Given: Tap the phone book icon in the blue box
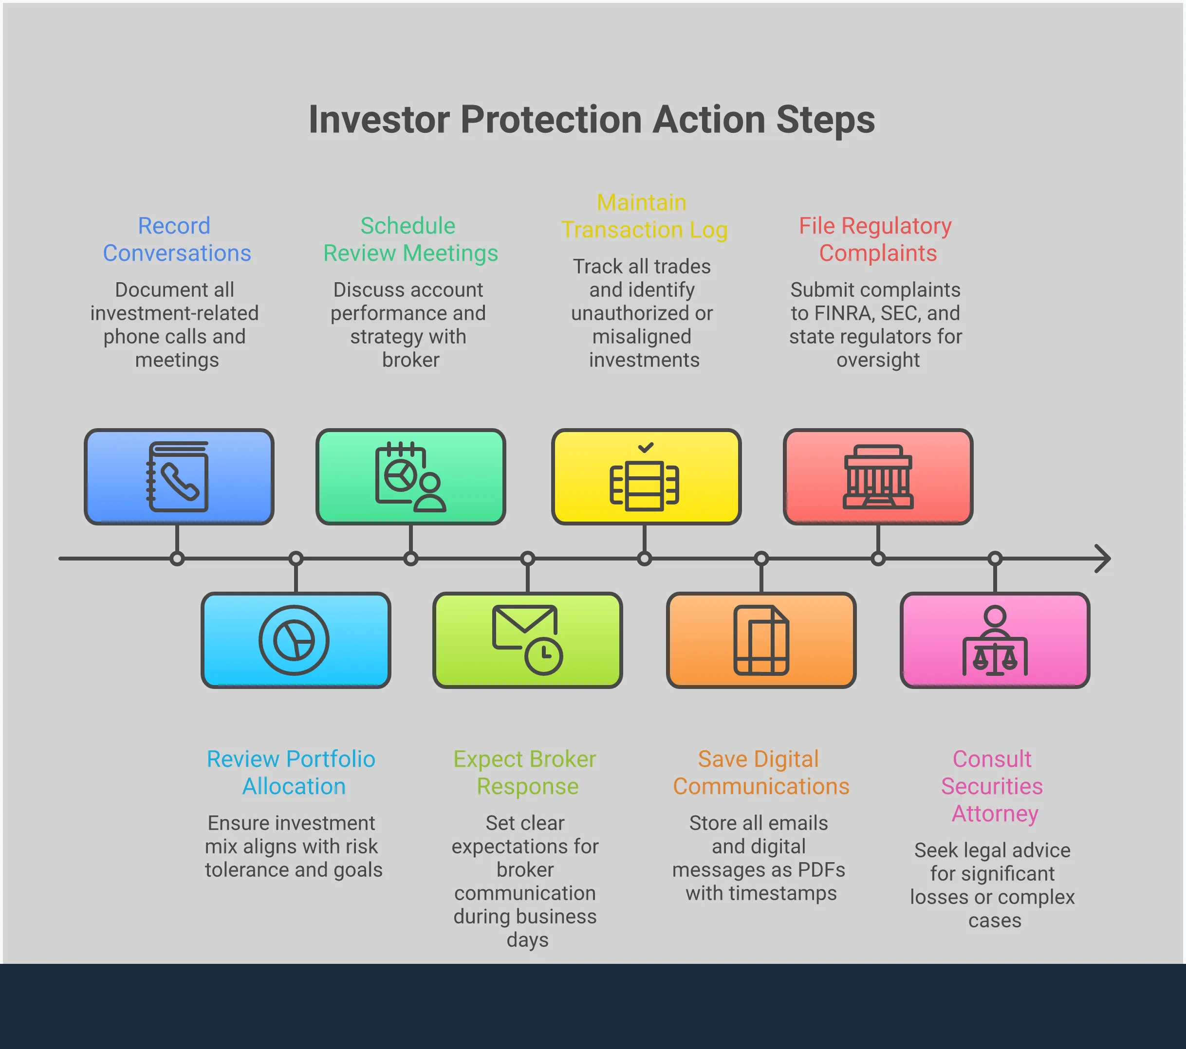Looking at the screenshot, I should [178, 477].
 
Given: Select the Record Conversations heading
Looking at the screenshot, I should [176, 239].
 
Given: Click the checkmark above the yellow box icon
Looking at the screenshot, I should [645, 447].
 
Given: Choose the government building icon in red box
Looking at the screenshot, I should [878, 477].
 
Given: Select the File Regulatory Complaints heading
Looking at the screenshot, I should [876, 239].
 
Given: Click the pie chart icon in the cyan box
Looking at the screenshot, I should [294, 640].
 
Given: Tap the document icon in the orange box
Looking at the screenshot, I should [760, 640].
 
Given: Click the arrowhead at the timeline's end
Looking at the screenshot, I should [1102, 559].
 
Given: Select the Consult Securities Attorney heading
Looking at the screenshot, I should [993, 786].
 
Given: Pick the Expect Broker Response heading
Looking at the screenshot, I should [525, 773].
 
